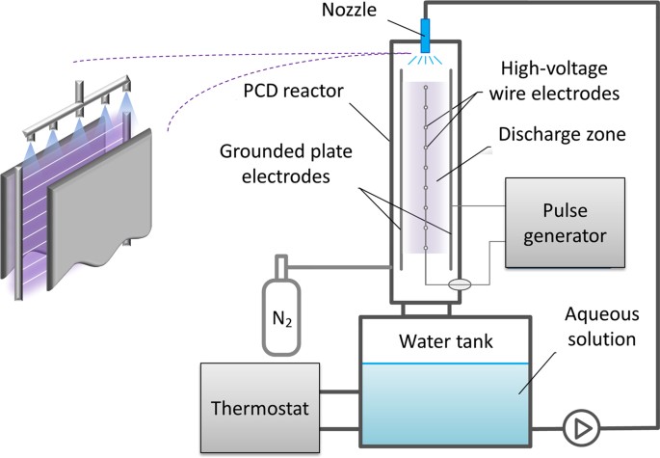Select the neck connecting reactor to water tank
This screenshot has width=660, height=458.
tap(424, 308)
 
